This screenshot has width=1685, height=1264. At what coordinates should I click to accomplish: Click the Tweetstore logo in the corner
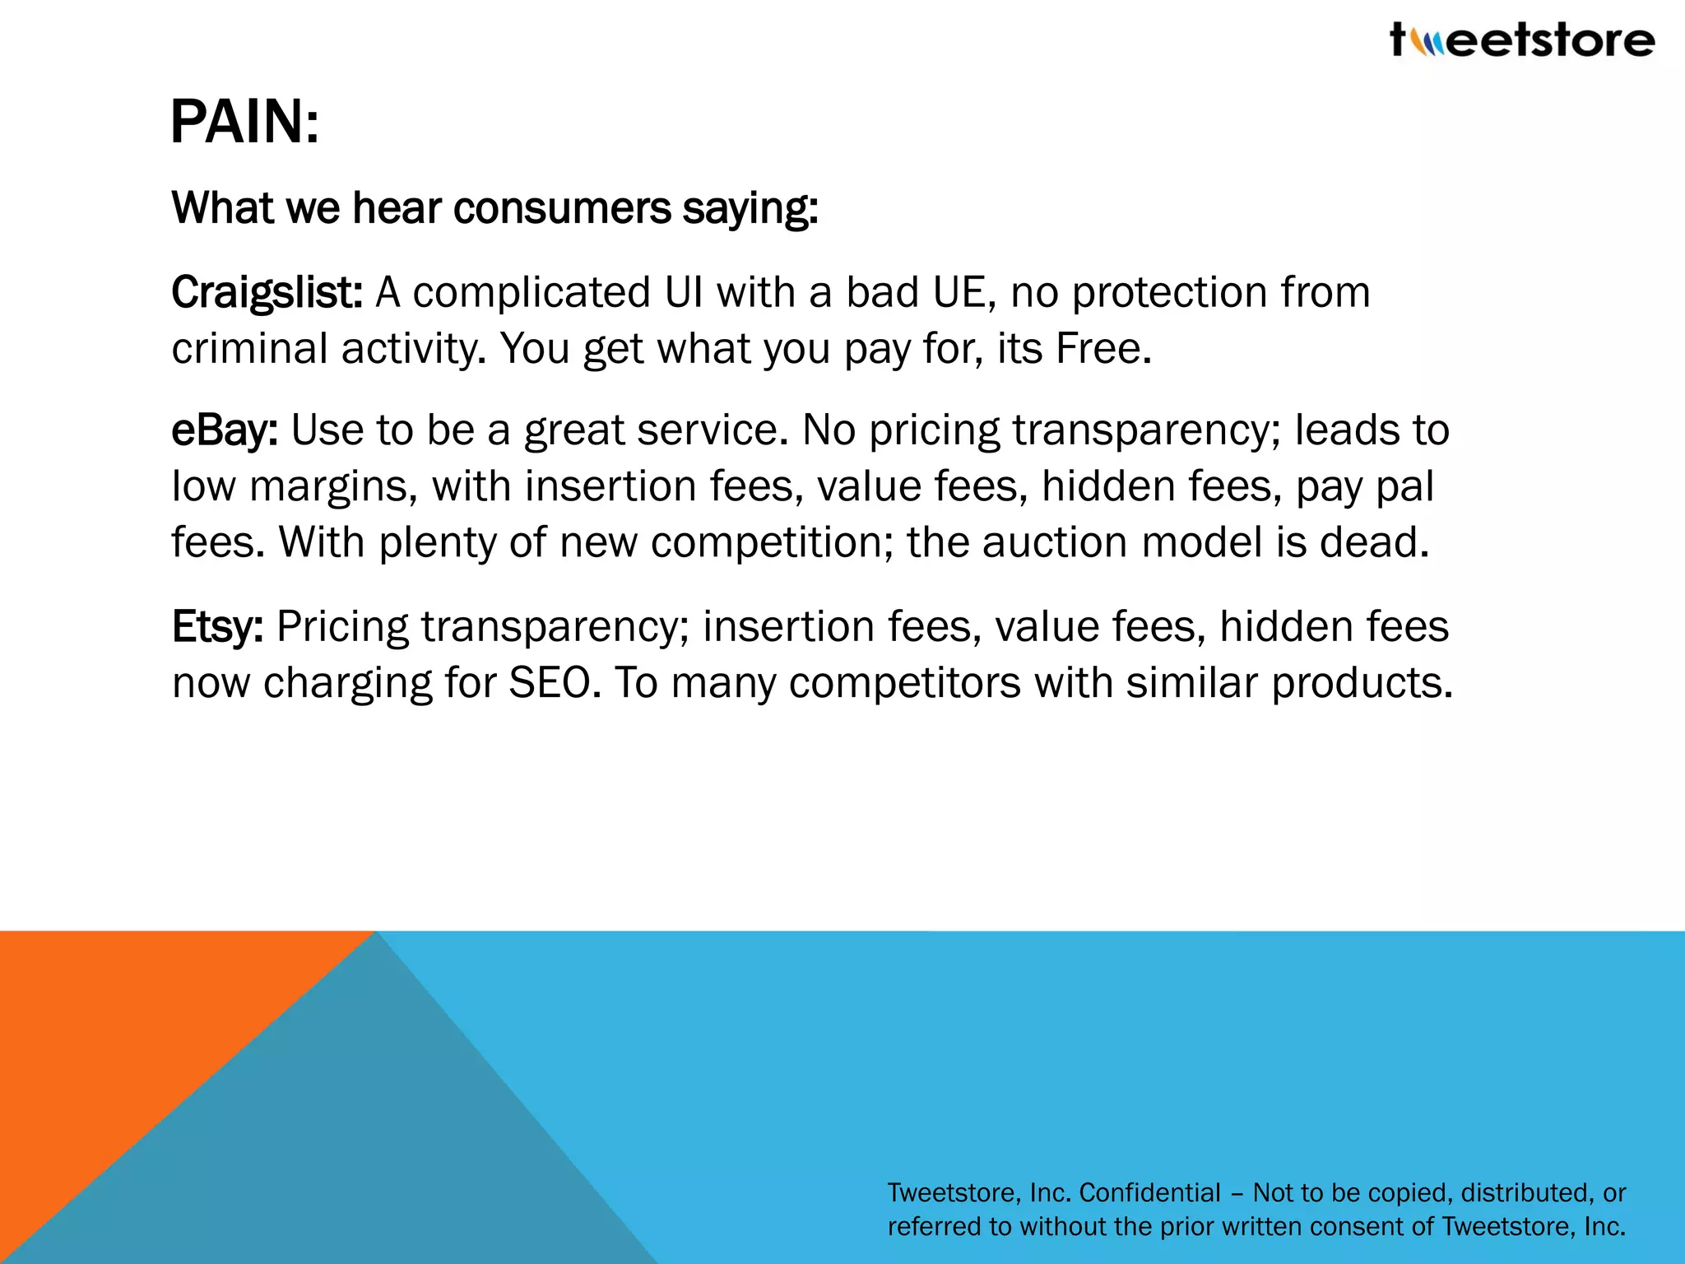[x=1521, y=40]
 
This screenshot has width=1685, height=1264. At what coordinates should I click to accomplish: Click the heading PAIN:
[x=244, y=123]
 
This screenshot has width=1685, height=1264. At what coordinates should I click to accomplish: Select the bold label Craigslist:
[x=267, y=293]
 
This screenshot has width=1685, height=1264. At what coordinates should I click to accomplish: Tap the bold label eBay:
[x=224, y=430]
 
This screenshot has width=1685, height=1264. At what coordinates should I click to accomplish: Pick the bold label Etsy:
[x=217, y=627]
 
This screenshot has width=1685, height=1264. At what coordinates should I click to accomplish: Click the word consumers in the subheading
[x=562, y=208]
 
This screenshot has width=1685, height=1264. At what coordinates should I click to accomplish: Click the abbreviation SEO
[x=550, y=683]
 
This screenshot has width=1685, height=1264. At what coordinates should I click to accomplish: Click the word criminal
[x=250, y=349]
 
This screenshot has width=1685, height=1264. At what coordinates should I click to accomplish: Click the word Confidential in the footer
[x=1149, y=1192]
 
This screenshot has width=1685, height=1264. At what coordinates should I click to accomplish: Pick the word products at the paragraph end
[x=1362, y=683]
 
